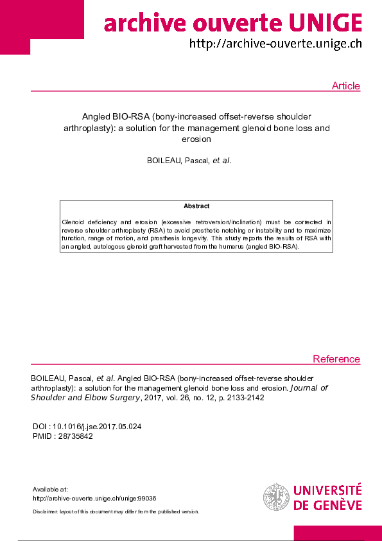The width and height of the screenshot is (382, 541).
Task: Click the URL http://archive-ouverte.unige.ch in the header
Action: click(x=275, y=44)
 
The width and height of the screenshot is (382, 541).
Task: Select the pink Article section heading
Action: click(x=345, y=86)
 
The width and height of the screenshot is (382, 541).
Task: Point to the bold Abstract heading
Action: click(x=196, y=206)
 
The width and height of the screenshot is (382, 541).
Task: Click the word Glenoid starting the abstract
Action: click(x=74, y=220)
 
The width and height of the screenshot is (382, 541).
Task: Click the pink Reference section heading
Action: click(x=336, y=359)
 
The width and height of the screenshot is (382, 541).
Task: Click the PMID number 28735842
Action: click(x=75, y=436)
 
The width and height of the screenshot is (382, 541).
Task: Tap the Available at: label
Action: click(x=49, y=490)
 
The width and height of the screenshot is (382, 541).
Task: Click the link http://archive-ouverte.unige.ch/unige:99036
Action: click(x=94, y=499)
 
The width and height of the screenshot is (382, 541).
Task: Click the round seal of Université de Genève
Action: click(x=276, y=497)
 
